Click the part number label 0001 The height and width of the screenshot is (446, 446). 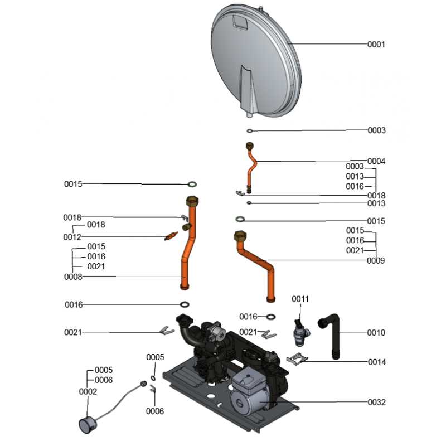coord(376,44)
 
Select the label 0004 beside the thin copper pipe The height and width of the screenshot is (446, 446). coord(376,161)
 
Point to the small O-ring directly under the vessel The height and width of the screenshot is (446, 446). coord(250,131)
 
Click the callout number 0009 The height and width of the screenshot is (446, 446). coord(376,260)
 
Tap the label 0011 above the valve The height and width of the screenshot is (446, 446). coord(300,299)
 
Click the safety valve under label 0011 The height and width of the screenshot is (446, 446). coord(299,333)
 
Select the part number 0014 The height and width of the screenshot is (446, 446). coord(376,362)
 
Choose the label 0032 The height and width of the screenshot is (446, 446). coord(376,402)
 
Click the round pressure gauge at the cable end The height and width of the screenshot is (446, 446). coord(87,424)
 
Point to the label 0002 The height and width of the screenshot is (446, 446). coord(88,391)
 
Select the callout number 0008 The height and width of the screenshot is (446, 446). coord(73,277)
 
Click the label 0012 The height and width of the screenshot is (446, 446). coord(72,237)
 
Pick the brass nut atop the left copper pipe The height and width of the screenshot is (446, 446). coord(191,201)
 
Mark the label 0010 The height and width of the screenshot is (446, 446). coord(376,333)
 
